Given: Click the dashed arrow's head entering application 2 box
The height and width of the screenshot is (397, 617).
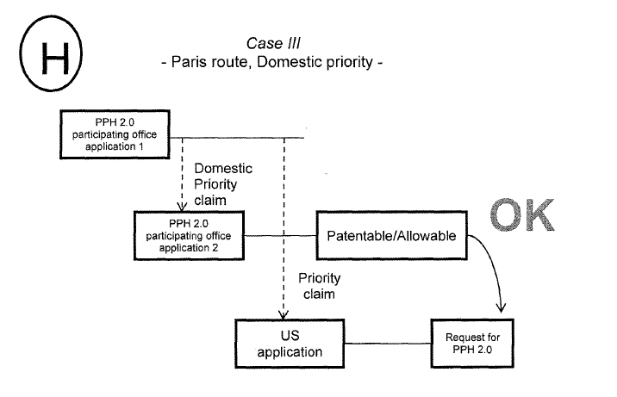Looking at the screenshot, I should (x=182, y=207).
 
